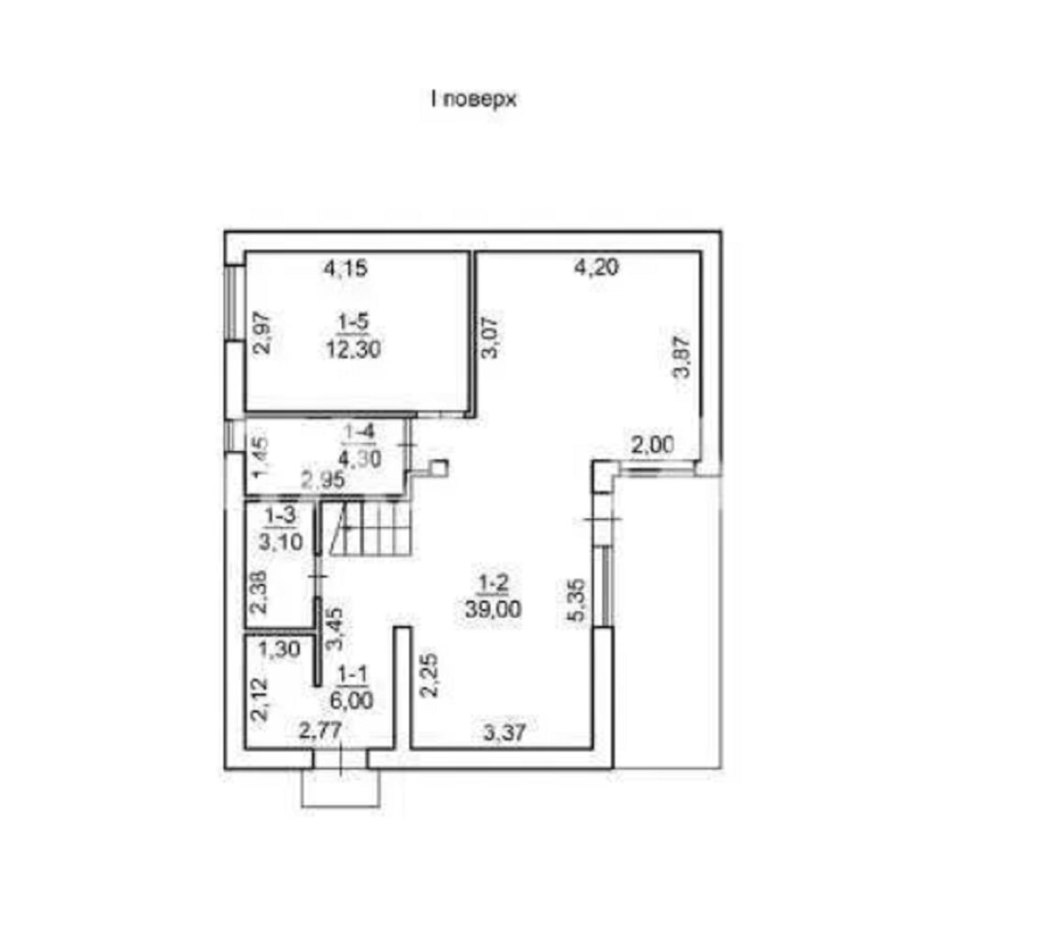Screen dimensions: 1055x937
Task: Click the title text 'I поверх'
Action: coord(473,100)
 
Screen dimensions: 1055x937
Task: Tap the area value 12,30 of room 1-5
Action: coord(354,349)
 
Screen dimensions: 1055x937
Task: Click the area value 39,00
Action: coord(493,610)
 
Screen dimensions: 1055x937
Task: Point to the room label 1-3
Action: coord(280,516)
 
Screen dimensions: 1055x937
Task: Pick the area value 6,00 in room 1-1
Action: coord(351,700)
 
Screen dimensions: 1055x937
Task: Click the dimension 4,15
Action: coord(346,269)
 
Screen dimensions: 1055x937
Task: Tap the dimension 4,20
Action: coord(596,268)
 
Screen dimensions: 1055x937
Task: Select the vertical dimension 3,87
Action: coord(683,357)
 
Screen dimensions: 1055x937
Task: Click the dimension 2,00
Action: coord(652,446)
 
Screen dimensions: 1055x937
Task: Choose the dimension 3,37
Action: coord(505,733)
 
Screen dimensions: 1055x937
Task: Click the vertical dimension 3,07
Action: coord(492,337)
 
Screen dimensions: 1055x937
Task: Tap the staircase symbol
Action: coord(369,529)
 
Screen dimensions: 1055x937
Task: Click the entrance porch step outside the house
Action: coord(341,788)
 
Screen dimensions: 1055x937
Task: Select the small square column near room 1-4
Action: coord(439,468)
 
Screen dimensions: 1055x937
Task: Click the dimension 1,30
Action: coord(279,650)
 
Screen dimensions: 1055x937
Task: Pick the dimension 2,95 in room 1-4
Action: coord(323,480)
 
